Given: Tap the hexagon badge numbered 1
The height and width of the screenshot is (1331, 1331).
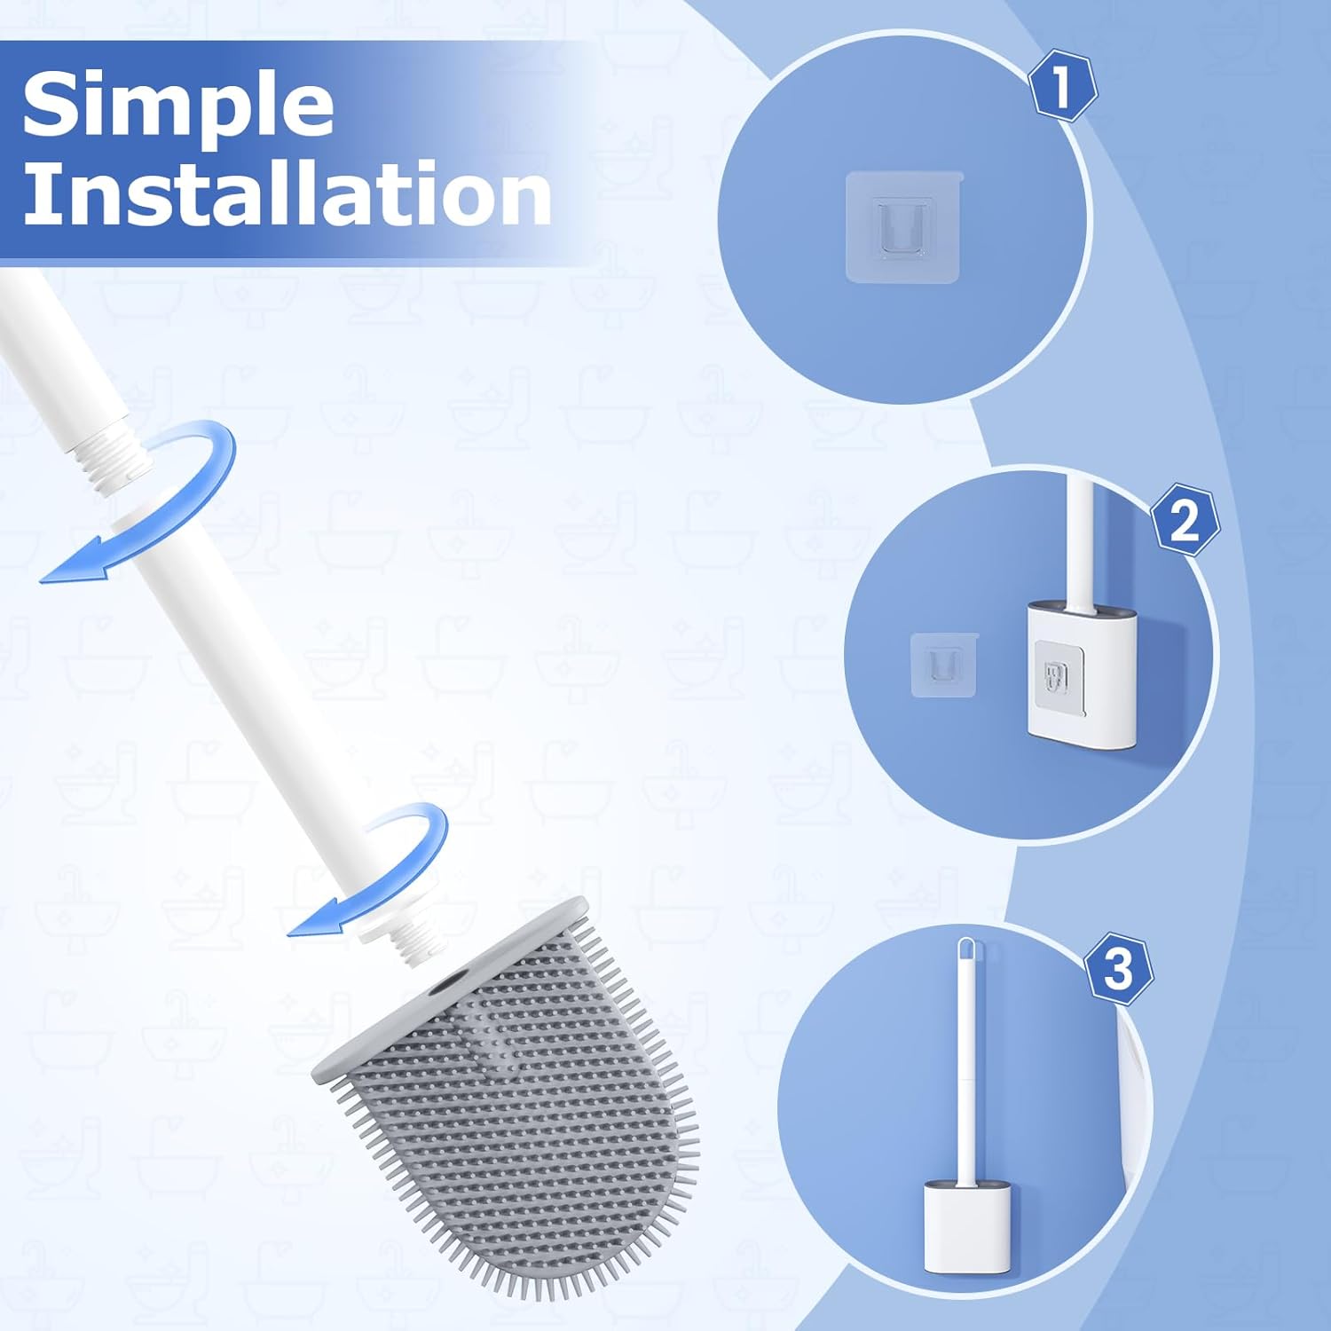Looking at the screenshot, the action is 1062,87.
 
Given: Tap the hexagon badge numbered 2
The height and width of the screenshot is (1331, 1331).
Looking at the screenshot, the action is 1185,520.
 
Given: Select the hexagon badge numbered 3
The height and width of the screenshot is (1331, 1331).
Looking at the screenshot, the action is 1118,968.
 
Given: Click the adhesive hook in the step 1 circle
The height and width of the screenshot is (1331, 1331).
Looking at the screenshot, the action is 903,226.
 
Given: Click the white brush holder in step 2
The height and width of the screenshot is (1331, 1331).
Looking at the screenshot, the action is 1082,674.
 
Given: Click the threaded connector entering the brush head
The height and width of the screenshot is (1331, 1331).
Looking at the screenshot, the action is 413,941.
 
